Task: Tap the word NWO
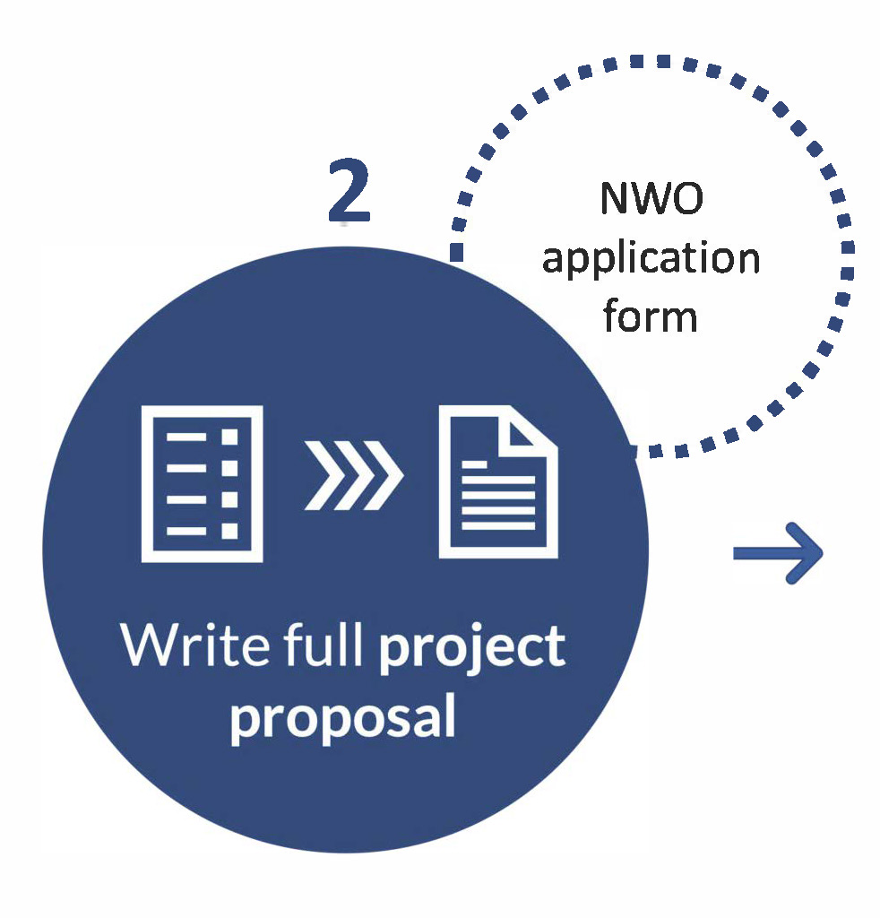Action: click(x=651, y=198)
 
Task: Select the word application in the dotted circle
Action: click(x=651, y=258)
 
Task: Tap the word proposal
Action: click(x=343, y=718)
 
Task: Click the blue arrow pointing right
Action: click(x=778, y=553)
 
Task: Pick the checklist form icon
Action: click(x=202, y=483)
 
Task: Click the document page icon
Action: click(x=498, y=481)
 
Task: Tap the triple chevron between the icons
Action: click(x=353, y=476)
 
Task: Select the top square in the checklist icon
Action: click(x=229, y=437)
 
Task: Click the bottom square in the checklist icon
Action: click(x=229, y=531)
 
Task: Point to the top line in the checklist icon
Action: click(x=186, y=437)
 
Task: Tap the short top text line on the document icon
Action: click(x=475, y=465)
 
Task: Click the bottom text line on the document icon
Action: click(x=498, y=525)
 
